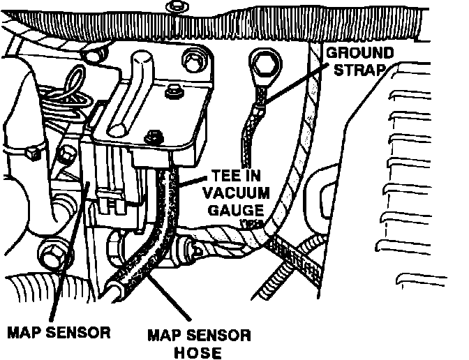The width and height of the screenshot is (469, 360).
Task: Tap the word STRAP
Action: [x=368, y=71]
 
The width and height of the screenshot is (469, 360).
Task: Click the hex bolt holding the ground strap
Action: [x=263, y=66]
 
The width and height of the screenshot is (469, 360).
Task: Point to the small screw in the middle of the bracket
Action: [x=174, y=90]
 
